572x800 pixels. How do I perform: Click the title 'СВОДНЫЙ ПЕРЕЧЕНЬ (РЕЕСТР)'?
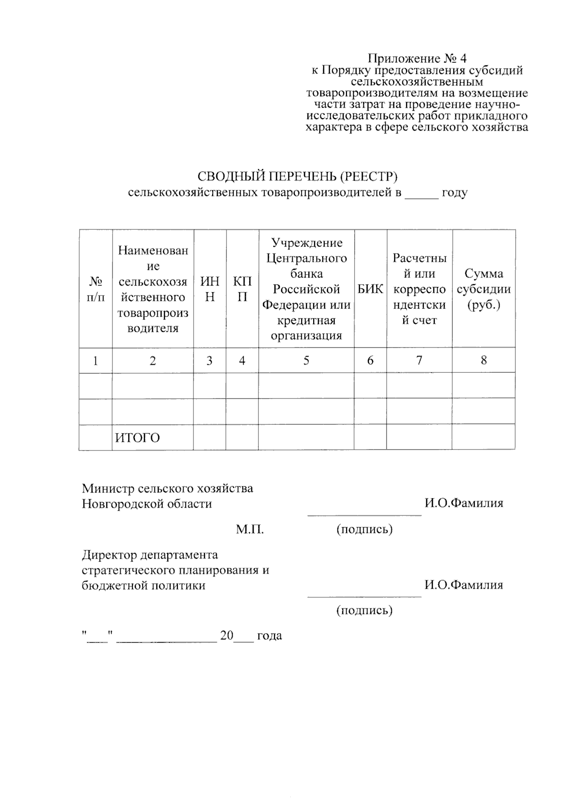(297, 176)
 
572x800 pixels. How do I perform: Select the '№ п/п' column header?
(95, 289)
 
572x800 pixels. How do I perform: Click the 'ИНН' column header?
(210, 289)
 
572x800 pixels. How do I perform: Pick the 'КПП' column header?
(242, 289)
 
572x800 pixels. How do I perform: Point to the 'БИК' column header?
(370, 289)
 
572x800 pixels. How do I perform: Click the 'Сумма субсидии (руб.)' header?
(483, 289)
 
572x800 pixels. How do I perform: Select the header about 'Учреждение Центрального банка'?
(306, 289)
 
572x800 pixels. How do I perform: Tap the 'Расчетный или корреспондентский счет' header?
(419, 289)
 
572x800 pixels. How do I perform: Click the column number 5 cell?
(306, 360)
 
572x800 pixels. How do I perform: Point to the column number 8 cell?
(483, 360)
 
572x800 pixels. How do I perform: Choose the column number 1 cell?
(95, 361)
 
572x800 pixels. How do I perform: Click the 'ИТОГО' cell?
(137, 438)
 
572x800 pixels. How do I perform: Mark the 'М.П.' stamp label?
(250, 529)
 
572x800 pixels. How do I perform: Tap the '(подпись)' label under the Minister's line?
(364, 529)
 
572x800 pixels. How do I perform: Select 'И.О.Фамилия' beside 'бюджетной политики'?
(464, 585)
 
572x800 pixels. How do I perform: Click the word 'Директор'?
(110, 555)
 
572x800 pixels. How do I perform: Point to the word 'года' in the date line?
(269, 636)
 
